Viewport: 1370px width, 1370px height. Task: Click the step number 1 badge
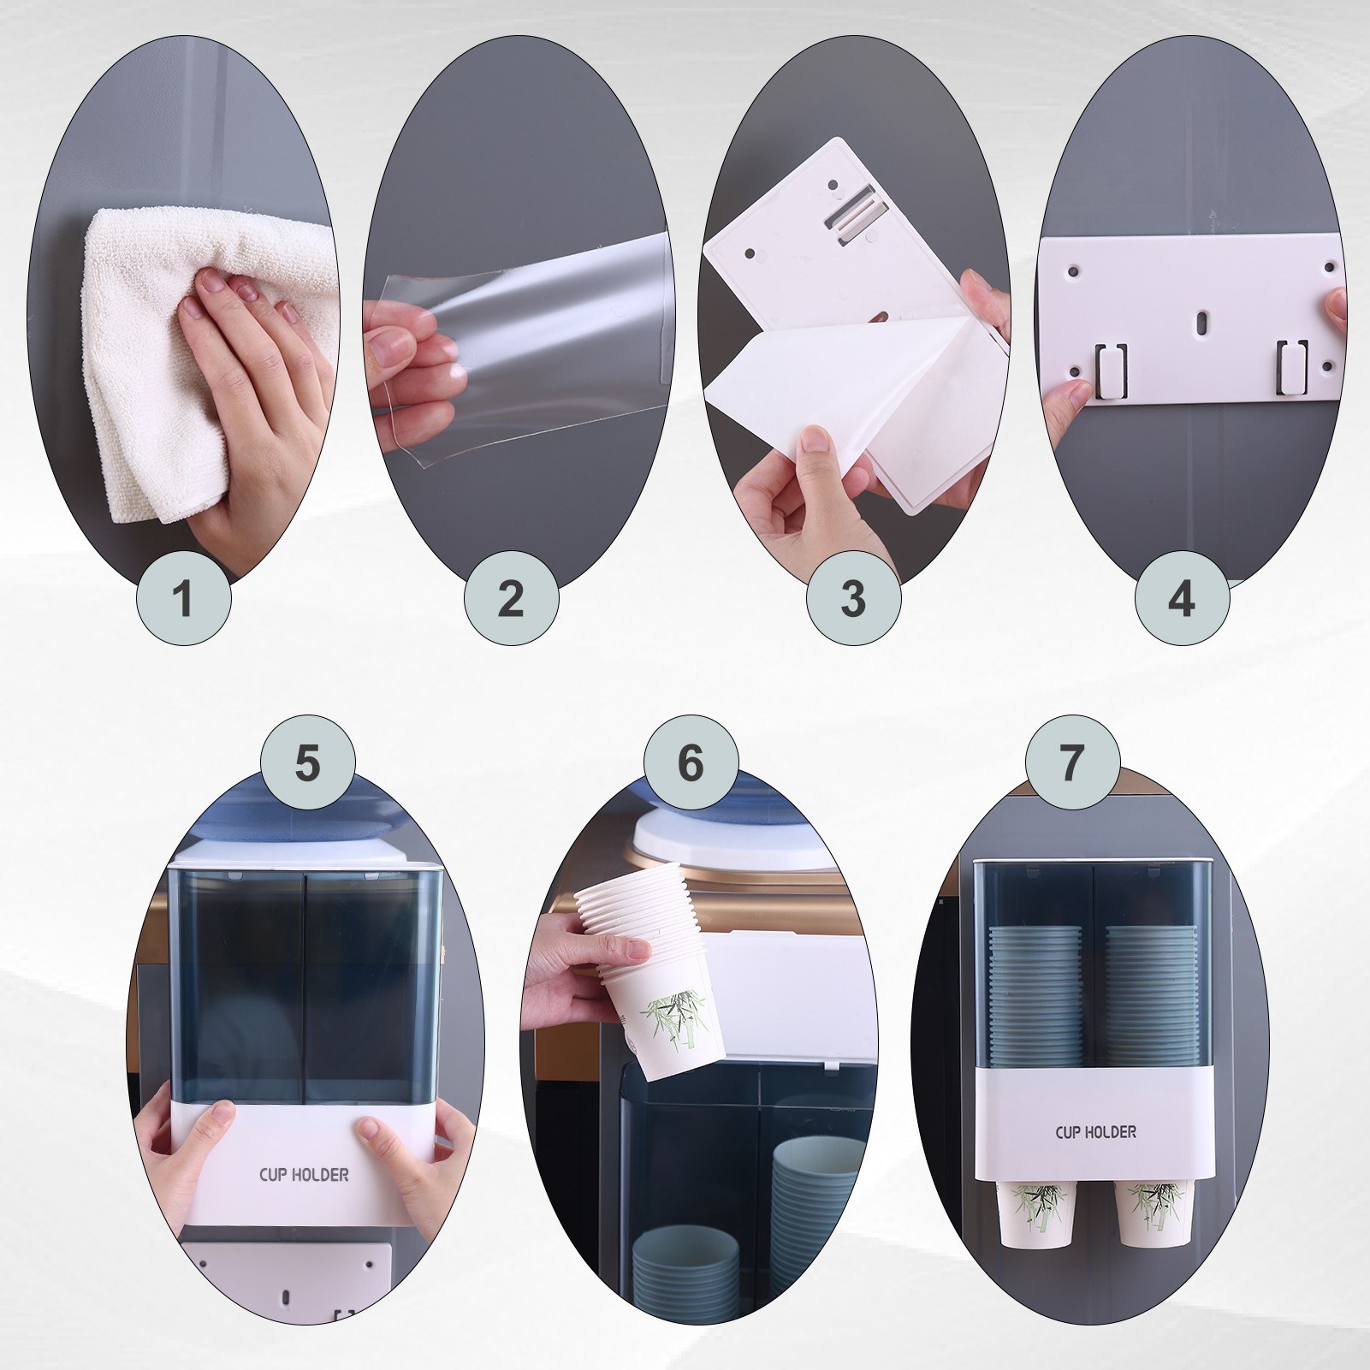(184, 598)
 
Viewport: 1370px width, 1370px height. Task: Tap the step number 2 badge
(511, 598)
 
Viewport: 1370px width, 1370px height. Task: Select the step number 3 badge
(853, 598)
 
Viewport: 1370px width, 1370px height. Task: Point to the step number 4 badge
(1182, 598)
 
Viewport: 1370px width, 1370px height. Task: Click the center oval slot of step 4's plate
(1201, 323)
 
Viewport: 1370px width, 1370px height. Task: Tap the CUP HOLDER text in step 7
(1095, 1132)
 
